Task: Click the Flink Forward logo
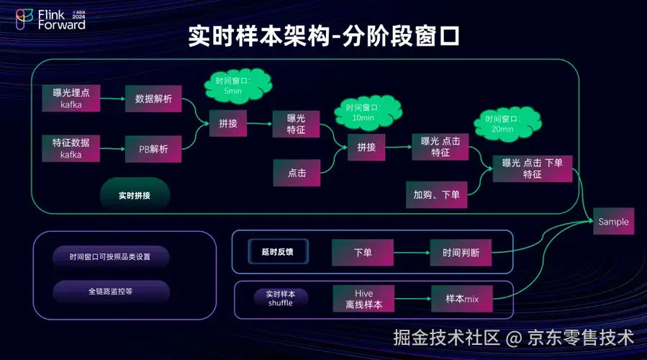click(x=50, y=19)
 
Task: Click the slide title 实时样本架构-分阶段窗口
click(x=323, y=36)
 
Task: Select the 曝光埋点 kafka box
click(x=71, y=99)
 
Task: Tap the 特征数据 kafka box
click(x=71, y=148)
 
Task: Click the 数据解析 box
click(x=153, y=99)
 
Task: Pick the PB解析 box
click(x=153, y=149)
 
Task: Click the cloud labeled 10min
click(x=363, y=112)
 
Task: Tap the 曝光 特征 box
click(x=297, y=124)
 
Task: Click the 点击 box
click(x=297, y=174)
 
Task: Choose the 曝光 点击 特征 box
click(x=440, y=146)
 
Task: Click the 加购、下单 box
click(x=436, y=194)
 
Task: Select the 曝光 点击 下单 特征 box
click(x=532, y=168)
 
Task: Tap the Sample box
click(x=613, y=222)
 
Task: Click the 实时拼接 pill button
click(x=135, y=195)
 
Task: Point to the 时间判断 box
click(x=461, y=253)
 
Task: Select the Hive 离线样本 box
click(x=363, y=299)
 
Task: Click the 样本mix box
click(x=461, y=298)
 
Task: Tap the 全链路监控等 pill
click(x=111, y=292)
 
